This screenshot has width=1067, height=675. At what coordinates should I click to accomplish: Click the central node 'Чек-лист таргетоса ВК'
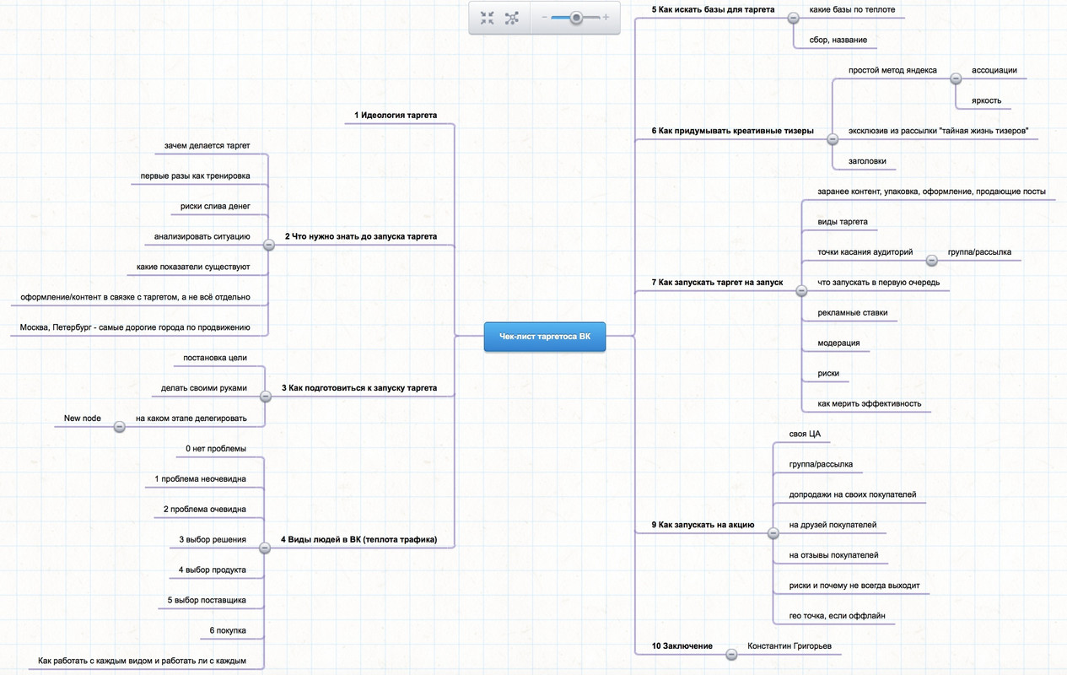coord(544,337)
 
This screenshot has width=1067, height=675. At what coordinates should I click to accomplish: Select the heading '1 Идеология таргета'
coord(396,115)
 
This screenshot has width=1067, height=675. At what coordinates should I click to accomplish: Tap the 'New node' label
coord(83,418)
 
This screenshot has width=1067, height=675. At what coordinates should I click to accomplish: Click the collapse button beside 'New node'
coord(119,427)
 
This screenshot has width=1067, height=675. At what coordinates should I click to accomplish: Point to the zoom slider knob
coord(576,17)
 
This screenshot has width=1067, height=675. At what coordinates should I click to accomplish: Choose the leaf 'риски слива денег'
coord(215,206)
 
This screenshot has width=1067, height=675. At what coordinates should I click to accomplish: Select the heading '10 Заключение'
coord(682,646)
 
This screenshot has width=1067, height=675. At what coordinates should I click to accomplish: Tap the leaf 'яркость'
coord(986,100)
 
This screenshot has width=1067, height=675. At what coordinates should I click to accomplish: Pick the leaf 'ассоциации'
coord(994,70)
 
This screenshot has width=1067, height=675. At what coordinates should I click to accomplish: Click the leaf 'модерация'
coord(838,343)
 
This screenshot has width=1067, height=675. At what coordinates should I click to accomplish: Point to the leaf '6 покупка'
coord(228,630)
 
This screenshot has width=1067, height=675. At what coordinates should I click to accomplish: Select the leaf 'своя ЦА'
coord(805,434)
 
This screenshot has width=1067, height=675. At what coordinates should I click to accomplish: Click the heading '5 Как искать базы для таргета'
coord(713,9)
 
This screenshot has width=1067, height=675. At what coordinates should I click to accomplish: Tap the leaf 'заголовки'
coord(867,160)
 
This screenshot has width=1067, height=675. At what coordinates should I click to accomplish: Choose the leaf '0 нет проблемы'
coord(216,448)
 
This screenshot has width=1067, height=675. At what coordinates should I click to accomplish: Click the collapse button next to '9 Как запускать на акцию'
coord(773,533)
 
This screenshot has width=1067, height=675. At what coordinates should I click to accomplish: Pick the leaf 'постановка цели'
coord(215,358)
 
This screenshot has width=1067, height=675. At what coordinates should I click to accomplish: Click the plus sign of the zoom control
coord(606,17)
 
